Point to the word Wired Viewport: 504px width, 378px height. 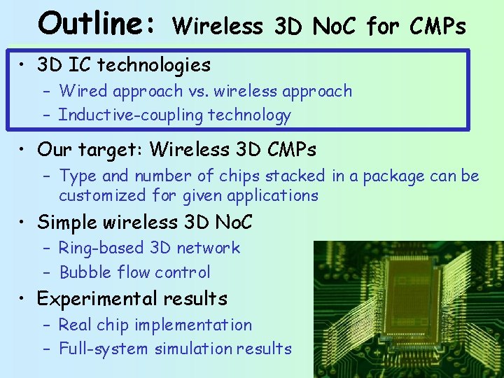click(x=83, y=91)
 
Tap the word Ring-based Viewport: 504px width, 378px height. click(x=101, y=248)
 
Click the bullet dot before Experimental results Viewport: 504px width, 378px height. click(x=23, y=300)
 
